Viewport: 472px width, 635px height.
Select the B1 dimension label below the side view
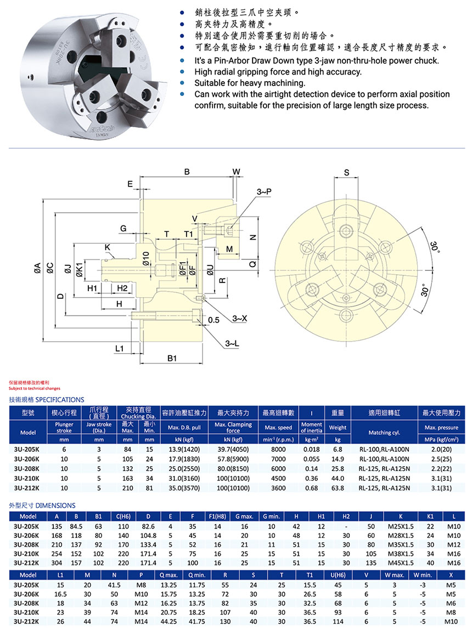click(x=172, y=359)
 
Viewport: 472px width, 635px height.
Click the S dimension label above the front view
click(x=346, y=172)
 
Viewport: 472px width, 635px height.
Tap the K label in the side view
click(x=108, y=247)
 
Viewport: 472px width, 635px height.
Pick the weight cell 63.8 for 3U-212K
click(x=338, y=487)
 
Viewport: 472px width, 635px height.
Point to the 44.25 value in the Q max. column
click(x=167, y=621)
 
